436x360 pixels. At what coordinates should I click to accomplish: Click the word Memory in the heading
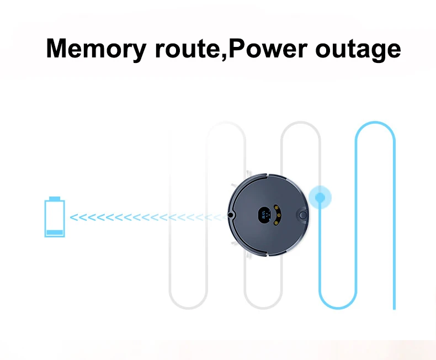tap(96, 49)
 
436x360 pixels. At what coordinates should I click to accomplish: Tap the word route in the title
tap(188, 49)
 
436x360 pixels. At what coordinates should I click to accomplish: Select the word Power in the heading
tap(268, 48)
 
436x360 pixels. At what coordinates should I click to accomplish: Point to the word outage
tap(358, 51)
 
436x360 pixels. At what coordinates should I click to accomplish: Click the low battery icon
tap(55, 217)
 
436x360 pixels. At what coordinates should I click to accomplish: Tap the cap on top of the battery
tap(55, 198)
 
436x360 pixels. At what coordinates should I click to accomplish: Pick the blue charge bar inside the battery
tap(55, 232)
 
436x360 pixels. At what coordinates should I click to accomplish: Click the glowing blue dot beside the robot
tap(320, 197)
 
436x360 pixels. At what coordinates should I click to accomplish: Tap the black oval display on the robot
tap(264, 215)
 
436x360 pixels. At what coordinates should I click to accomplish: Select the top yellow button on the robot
tap(277, 208)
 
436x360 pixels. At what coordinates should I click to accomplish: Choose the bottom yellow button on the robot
tap(276, 223)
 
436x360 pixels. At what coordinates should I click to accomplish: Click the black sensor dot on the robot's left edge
tap(230, 215)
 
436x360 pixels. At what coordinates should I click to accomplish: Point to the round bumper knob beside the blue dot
tap(303, 215)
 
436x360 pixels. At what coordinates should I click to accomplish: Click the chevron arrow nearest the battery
tap(74, 218)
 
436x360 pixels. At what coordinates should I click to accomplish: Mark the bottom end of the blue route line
tap(394, 309)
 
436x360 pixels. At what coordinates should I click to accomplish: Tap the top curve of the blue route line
tap(375, 123)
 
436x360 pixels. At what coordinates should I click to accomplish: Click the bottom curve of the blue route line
tap(338, 308)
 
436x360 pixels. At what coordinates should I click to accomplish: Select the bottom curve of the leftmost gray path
tap(188, 308)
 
